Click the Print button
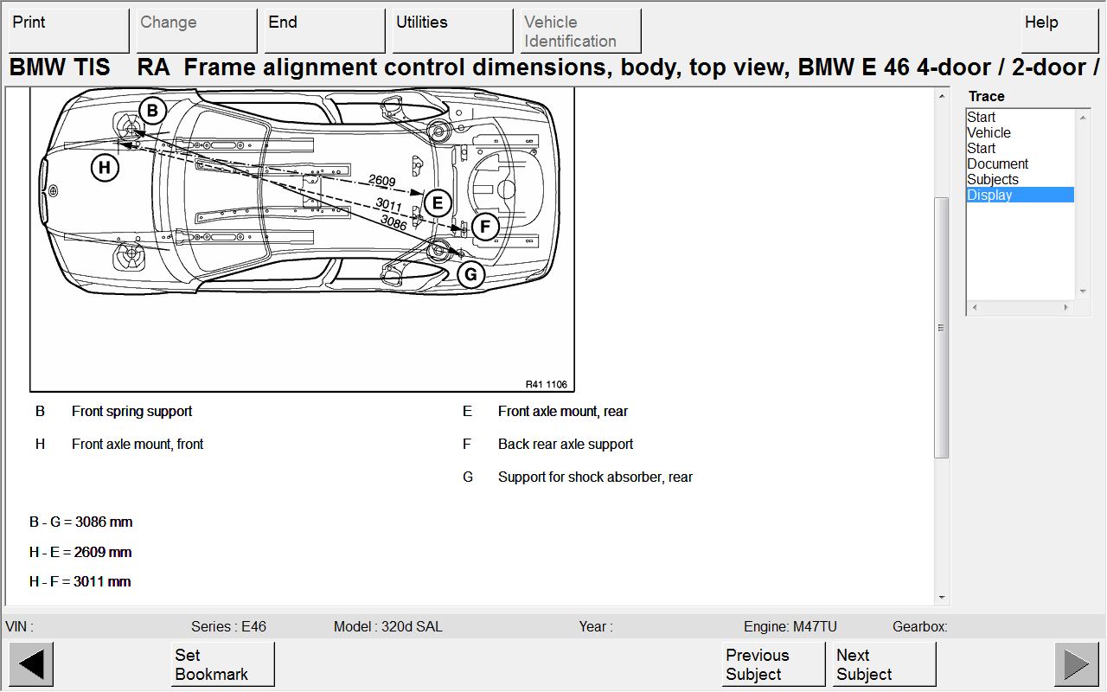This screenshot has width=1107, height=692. pos(67,31)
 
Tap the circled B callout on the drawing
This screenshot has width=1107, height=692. pos(152,110)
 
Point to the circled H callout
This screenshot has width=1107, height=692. pos(105,167)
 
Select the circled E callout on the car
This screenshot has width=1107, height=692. pos(438,203)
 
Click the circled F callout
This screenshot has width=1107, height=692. pos(485,227)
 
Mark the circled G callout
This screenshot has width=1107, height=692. pos(470,275)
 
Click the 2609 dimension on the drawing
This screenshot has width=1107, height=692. pos(381,182)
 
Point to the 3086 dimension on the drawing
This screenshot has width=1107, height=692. pos(394,222)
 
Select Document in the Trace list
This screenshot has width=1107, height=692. pos(997,163)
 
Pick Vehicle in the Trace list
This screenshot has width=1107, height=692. pos(989,132)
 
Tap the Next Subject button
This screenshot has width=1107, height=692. pos(884,664)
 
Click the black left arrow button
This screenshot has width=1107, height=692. pos(31,664)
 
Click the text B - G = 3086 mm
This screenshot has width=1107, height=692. pos(80,522)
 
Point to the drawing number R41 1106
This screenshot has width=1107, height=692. pos(547,385)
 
